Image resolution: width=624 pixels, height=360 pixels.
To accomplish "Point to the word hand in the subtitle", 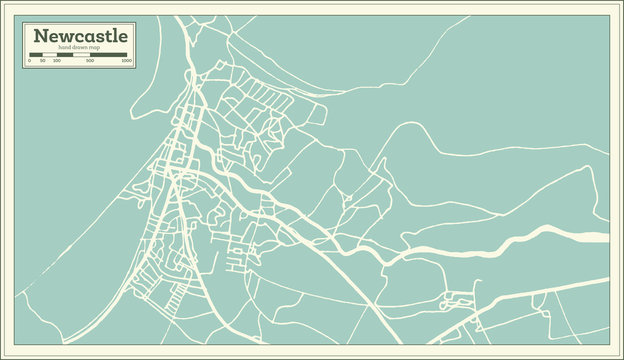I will [66, 49].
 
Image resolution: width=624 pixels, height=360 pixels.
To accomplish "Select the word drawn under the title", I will [81, 49].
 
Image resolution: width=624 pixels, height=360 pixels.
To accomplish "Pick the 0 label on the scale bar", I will [29, 61].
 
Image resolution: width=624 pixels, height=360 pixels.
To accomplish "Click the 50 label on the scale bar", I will [42, 61].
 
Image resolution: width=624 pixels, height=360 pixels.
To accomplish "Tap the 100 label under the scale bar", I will [56, 61].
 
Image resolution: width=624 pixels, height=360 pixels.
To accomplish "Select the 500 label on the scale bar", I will [90, 61].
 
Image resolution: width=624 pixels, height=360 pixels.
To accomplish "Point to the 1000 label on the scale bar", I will [126, 61].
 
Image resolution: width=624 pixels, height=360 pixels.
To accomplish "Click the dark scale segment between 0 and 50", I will [35, 55].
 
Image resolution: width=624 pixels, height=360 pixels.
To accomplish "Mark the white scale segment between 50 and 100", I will [49, 55].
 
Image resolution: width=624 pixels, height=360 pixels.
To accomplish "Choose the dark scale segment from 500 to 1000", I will [109, 55].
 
